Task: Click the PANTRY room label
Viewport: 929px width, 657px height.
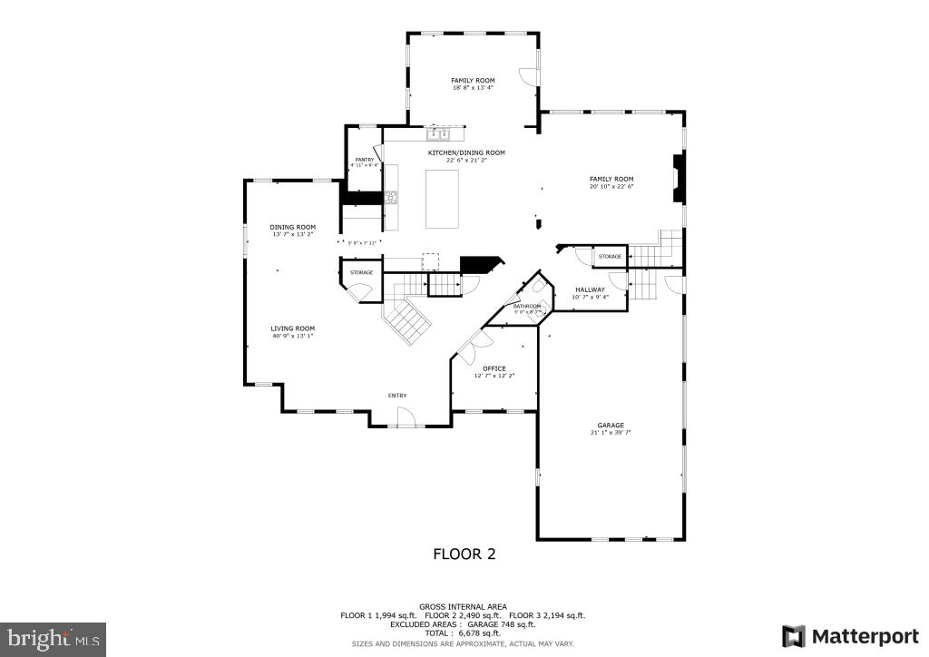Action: click(x=364, y=159)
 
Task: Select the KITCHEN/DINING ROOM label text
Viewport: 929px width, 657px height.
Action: click(x=466, y=152)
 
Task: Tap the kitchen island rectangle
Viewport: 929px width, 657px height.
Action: click(x=443, y=199)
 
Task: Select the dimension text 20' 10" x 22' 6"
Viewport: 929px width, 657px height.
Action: click(x=611, y=187)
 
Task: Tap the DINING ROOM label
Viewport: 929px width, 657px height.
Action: click(x=292, y=227)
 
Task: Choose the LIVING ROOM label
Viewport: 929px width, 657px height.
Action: click(x=292, y=328)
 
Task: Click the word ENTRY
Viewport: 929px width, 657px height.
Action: click(x=397, y=395)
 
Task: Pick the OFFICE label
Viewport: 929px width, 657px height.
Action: click(x=494, y=368)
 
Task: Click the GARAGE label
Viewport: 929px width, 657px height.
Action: click(x=610, y=425)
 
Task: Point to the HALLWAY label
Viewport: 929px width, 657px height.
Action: click(x=590, y=289)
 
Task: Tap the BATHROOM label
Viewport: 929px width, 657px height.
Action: click(x=527, y=306)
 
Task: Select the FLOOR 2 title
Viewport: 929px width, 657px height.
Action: click(x=464, y=554)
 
